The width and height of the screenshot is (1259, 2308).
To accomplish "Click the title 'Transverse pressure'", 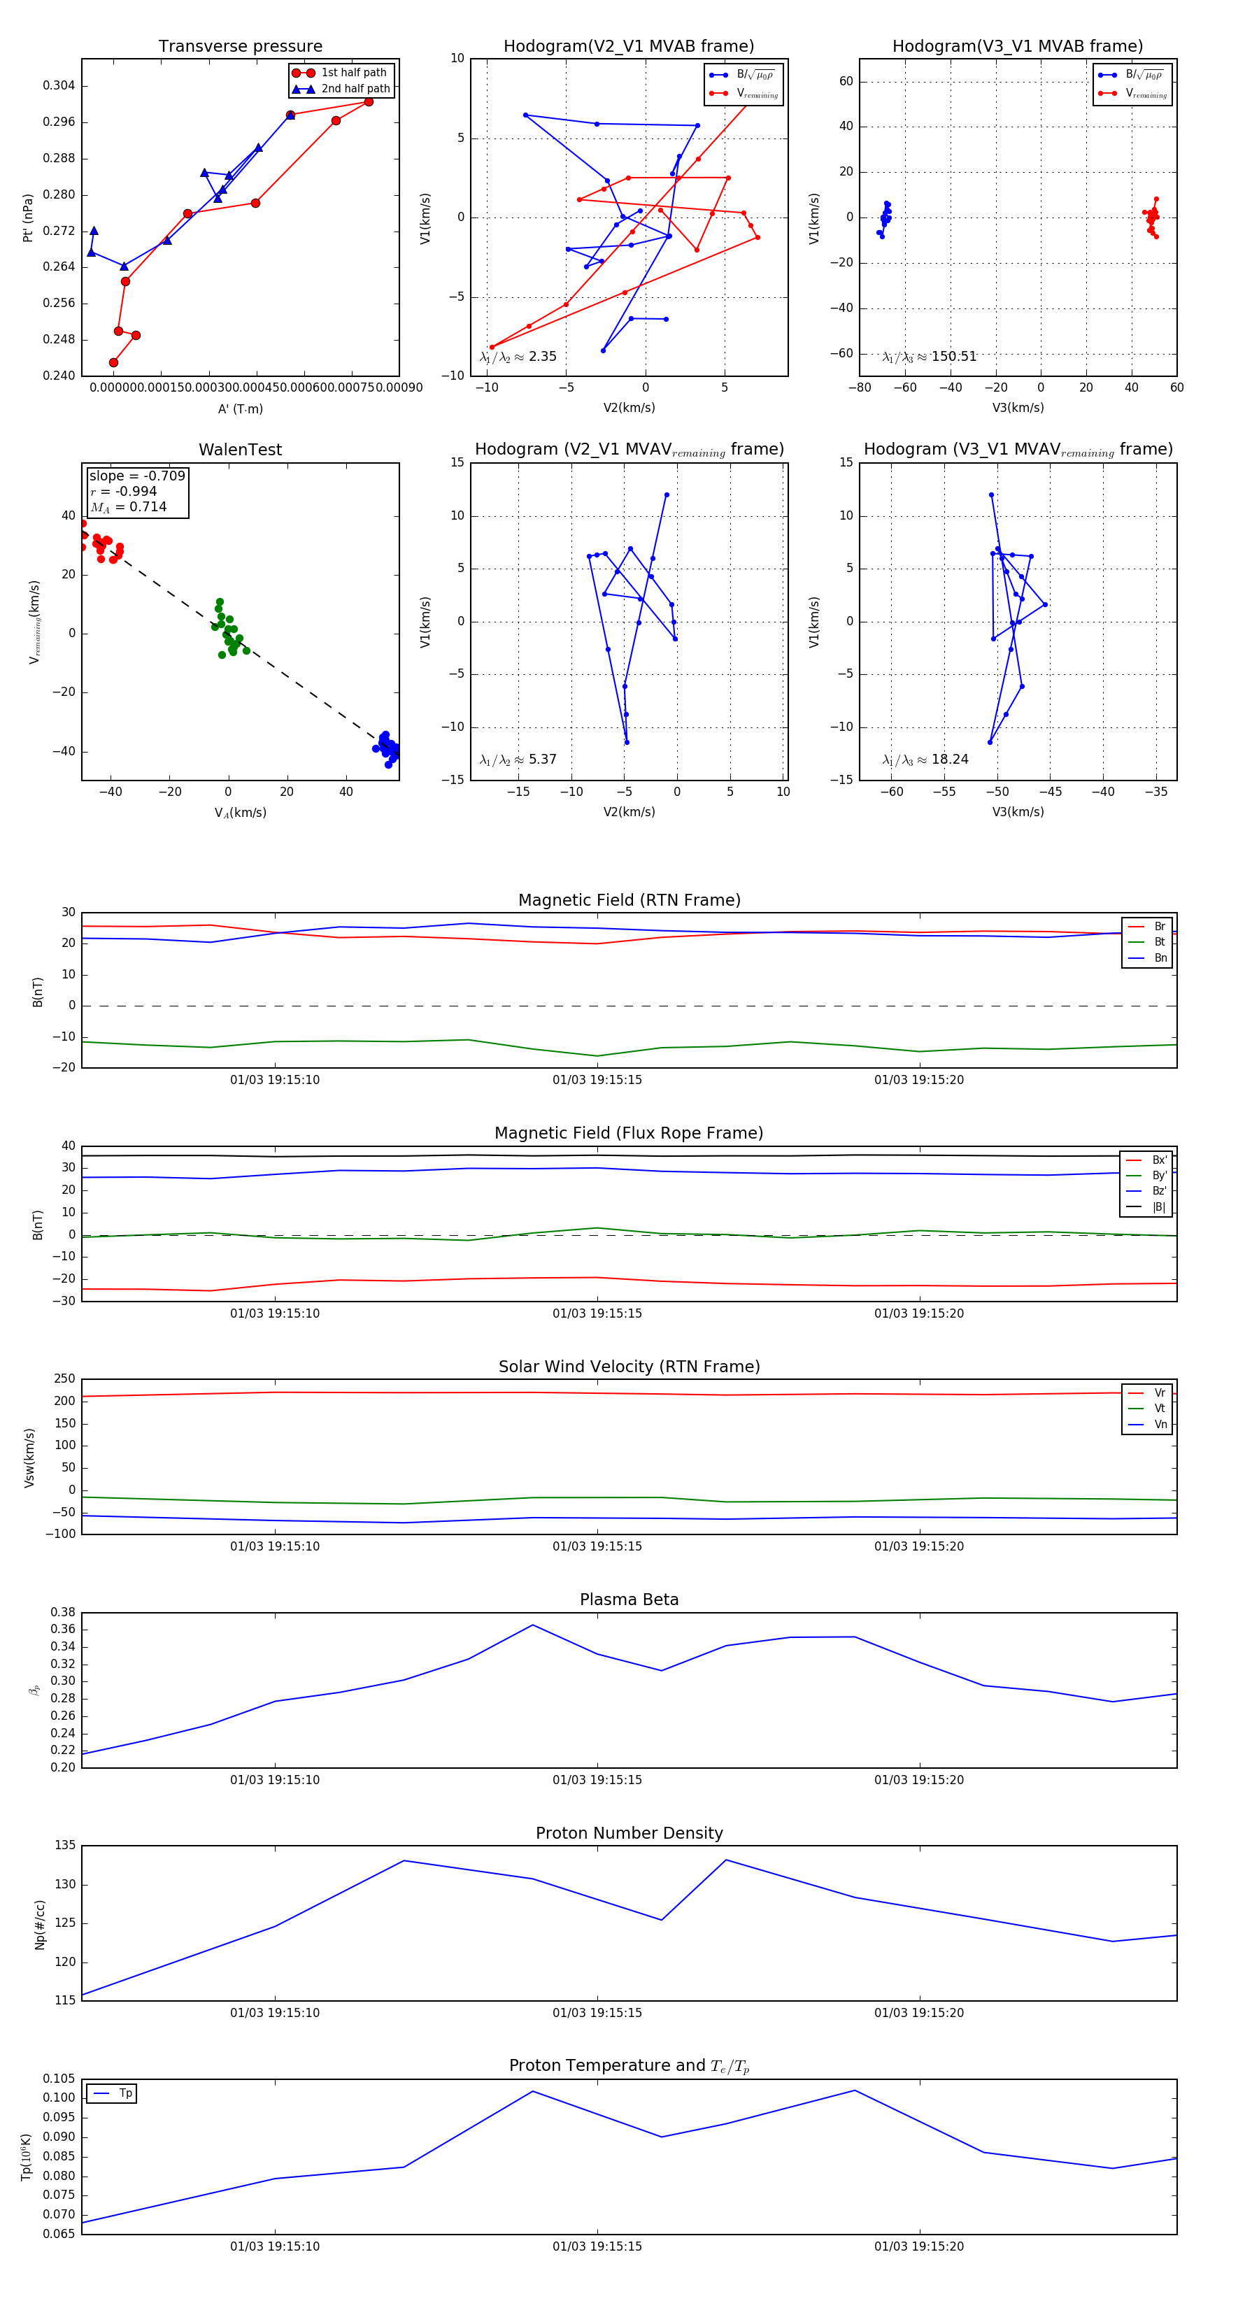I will pos(240,47).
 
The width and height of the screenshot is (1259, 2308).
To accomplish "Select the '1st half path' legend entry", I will pos(353,73).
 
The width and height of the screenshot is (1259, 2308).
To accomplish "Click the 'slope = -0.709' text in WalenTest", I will pos(137,476).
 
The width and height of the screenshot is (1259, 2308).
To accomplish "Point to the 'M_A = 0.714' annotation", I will pos(128,507).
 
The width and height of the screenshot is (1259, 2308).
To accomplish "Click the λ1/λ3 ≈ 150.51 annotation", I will pos(930,357).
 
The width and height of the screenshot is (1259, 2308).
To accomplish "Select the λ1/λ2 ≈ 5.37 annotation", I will pos(518,760).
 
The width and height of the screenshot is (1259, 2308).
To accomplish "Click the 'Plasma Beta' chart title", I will pos(629,1600).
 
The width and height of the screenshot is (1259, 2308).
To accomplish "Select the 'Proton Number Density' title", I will pos(629,1833).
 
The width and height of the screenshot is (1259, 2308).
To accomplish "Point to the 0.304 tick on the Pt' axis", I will pos(59,86).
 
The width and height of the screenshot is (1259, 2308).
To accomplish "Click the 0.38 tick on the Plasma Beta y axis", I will pos(63,1612).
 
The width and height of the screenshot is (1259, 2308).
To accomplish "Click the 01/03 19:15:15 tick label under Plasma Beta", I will pos(597,1779).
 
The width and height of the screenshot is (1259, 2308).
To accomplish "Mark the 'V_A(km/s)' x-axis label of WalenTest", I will pos(240,813).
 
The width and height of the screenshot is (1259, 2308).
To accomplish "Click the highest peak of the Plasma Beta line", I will pos(533,1625).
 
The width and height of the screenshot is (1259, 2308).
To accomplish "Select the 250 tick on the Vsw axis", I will pos(64,1379).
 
